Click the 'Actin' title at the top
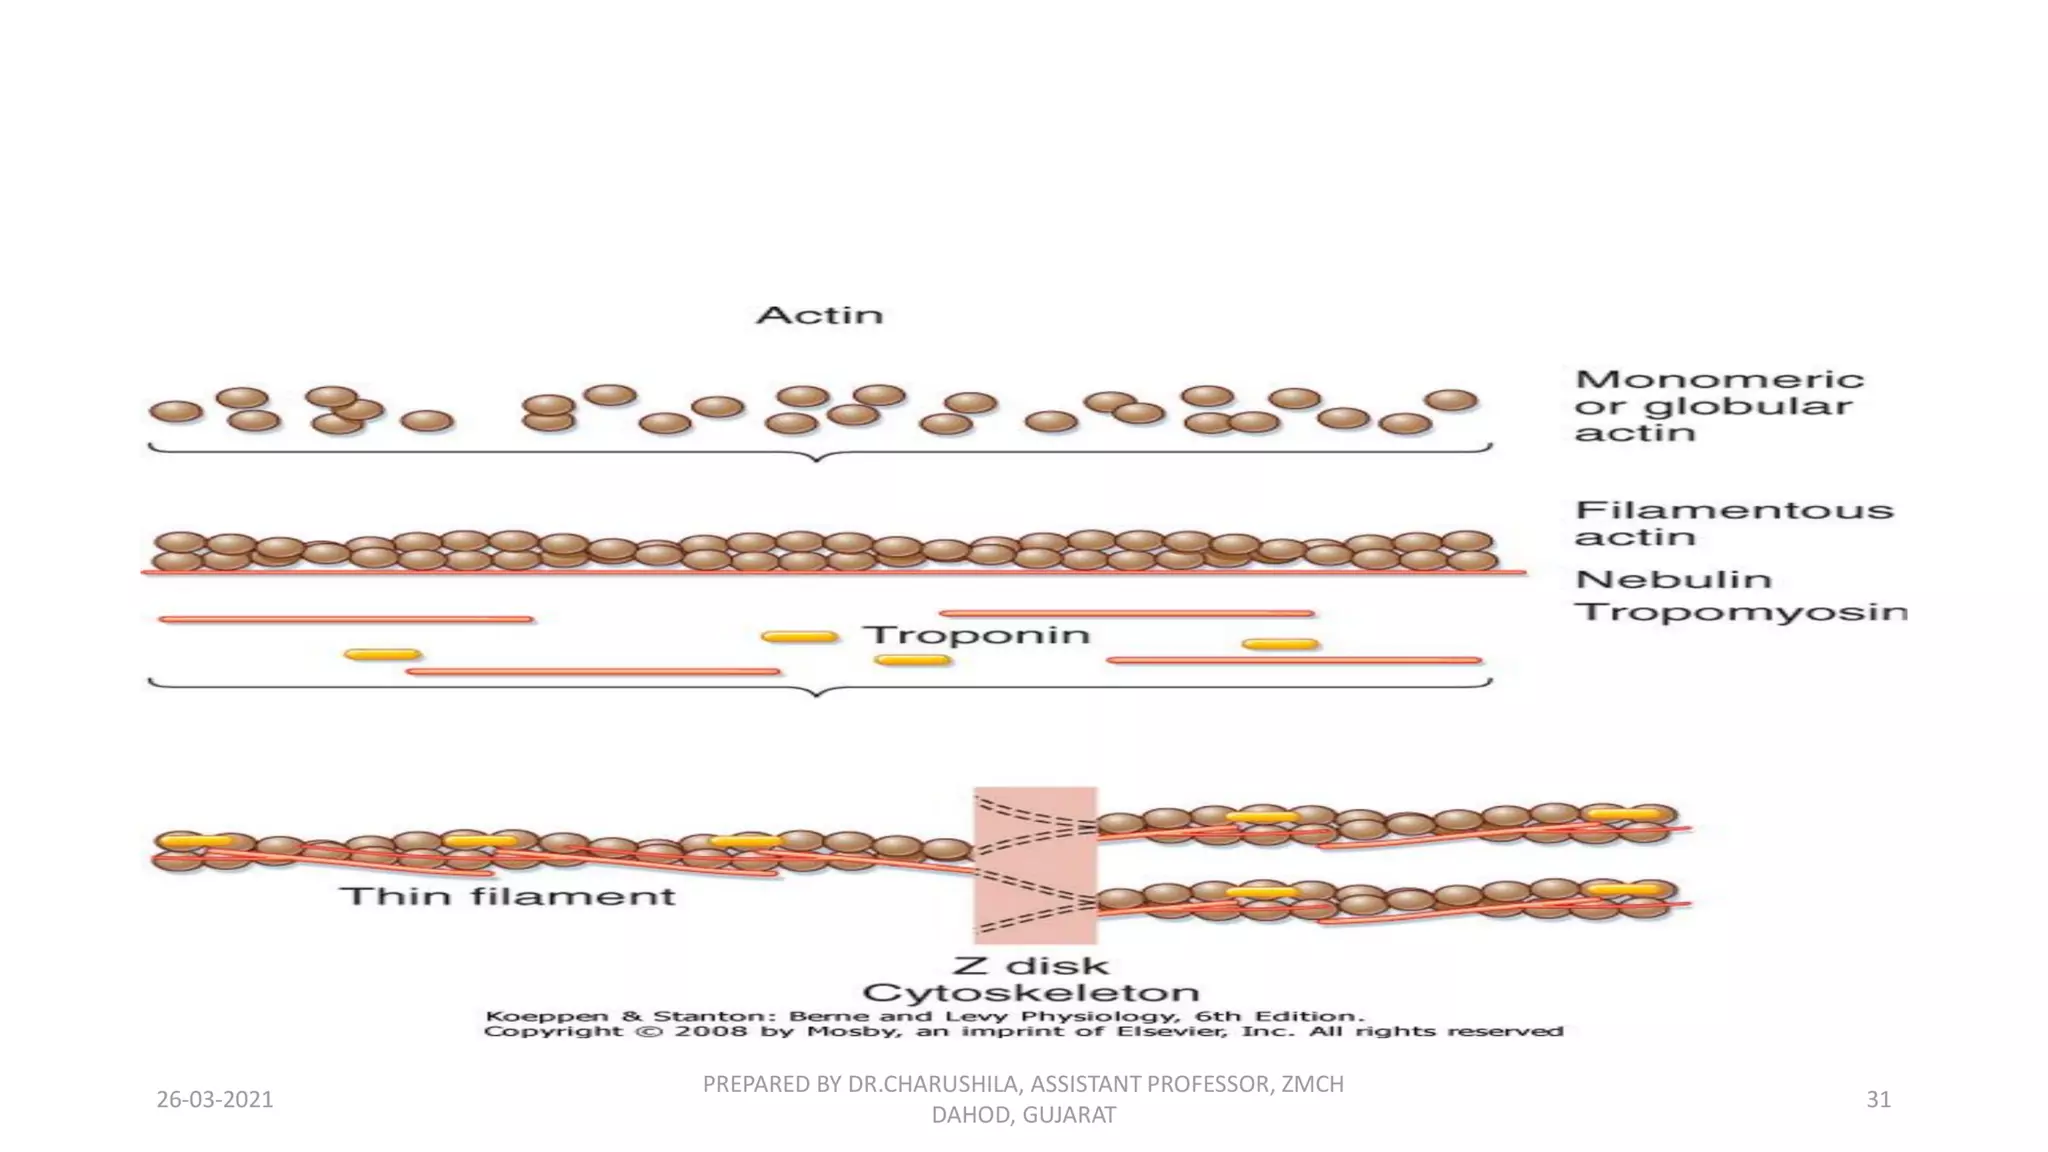click(819, 315)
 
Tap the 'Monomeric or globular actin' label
click(1718, 406)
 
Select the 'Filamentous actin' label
click(1733, 523)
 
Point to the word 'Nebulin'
click(1673, 579)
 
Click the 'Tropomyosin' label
click(1740, 611)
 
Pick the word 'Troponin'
click(976, 635)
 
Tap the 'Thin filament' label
click(508, 896)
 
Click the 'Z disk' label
click(1030, 966)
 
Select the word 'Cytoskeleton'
click(1030, 993)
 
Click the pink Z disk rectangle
click(1035, 865)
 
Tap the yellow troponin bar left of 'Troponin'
click(799, 636)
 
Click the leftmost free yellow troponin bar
click(382, 655)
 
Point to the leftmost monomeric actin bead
click(176, 411)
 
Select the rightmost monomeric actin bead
click(1451, 400)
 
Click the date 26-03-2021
click(215, 1100)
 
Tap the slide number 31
click(1878, 1100)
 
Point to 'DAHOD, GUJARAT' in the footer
click(1023, 1115)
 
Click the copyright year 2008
click(710, 1031)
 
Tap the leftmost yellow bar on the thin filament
click(196, 841)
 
